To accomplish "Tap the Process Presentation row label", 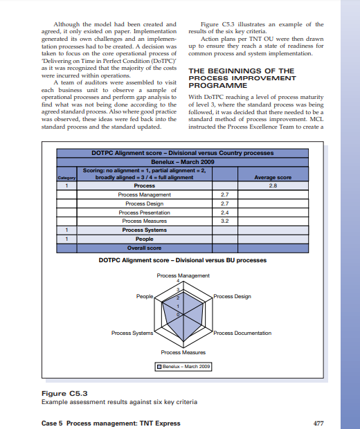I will tap(144, 212).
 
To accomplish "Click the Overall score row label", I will tap(144, 247).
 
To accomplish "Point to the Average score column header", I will tap(273, 177).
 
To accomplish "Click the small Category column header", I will tap(66, 178).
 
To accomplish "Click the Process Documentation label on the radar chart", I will tap(242, 333).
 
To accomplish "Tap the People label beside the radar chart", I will tap(144, 296).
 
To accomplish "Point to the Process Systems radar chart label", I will tap(132, 333).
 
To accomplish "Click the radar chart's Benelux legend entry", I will tap(183, 366).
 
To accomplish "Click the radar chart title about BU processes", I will tap(182, 260).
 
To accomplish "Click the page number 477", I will tap(318, 423).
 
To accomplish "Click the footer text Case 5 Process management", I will tap(111, 423).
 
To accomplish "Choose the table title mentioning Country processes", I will tap(182, 152).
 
